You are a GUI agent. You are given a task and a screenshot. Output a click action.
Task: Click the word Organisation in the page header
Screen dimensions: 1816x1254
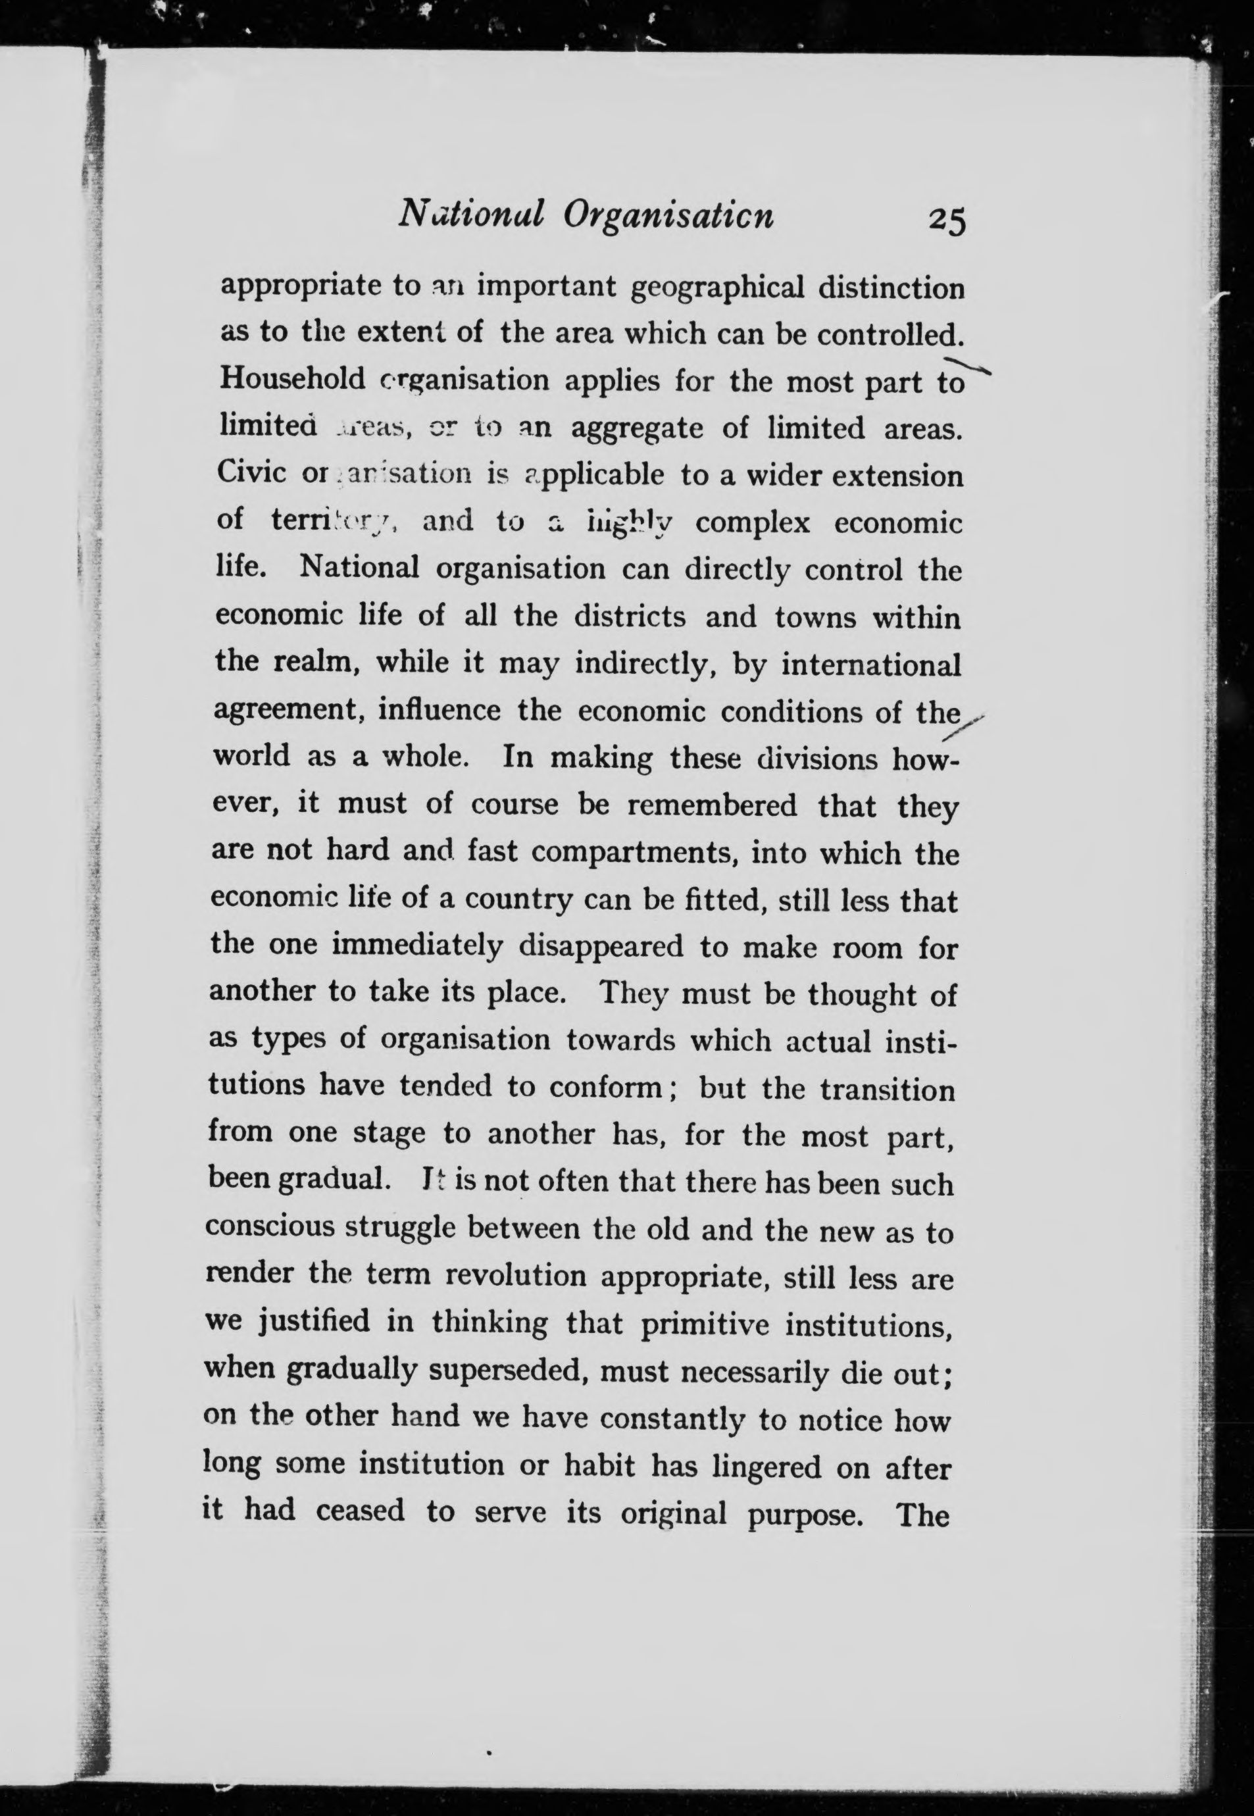[668, 214]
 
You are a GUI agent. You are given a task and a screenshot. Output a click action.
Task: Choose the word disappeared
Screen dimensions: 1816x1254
[601, 947]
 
